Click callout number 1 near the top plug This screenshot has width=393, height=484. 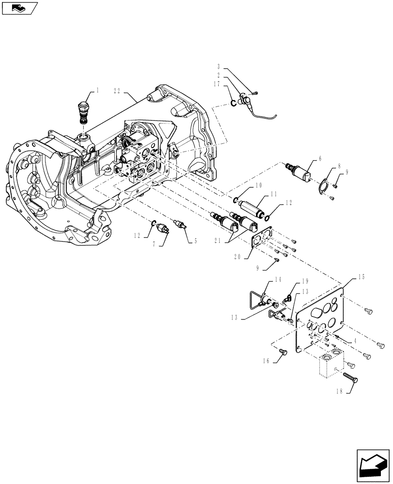[x=97, y=90]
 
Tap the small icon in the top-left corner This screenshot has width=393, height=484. [x=19, y=8]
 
